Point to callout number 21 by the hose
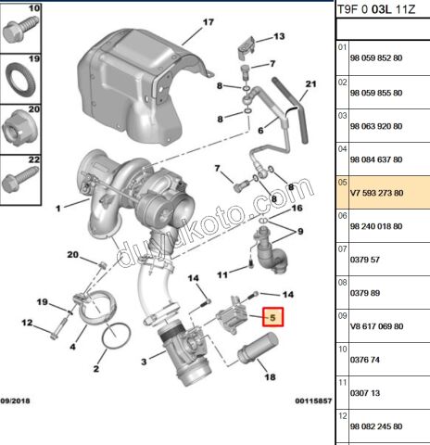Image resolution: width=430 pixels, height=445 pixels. pos(311,85)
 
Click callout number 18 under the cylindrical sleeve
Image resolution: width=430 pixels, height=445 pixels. pos(270,377)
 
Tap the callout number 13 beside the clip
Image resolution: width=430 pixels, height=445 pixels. pos(278,38)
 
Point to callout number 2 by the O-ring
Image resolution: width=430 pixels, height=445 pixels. pos(95,368)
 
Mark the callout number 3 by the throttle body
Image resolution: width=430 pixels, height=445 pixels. pos(142,361)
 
